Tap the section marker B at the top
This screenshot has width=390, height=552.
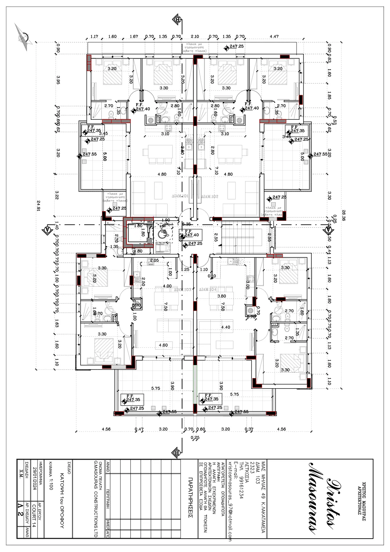tap(178, 19)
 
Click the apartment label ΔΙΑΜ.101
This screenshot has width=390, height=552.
tap(180, 196)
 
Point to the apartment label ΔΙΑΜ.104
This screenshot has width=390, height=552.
tap(208, 289)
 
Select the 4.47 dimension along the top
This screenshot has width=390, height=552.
tap(274, 36)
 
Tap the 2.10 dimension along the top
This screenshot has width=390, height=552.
tap(195, 36)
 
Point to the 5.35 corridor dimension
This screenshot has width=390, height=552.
tap(186, 224)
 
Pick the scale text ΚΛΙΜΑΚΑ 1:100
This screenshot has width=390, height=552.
tap(50, 476)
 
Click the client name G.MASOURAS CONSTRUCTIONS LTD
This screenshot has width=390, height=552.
tap(96, 499)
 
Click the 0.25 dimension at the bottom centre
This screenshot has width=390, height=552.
tap(195, 437)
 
